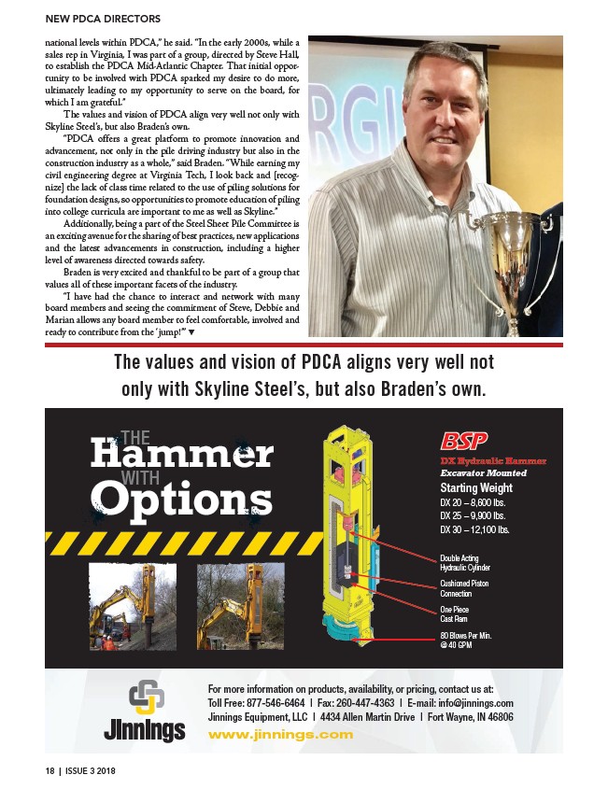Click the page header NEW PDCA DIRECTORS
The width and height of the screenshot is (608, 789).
coord(104,19)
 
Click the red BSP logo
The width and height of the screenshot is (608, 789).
coord(466,438)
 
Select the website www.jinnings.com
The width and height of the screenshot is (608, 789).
coord(280,734)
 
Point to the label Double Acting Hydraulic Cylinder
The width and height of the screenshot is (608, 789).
coord(464,562)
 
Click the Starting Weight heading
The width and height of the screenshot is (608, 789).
coord(476,487)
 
